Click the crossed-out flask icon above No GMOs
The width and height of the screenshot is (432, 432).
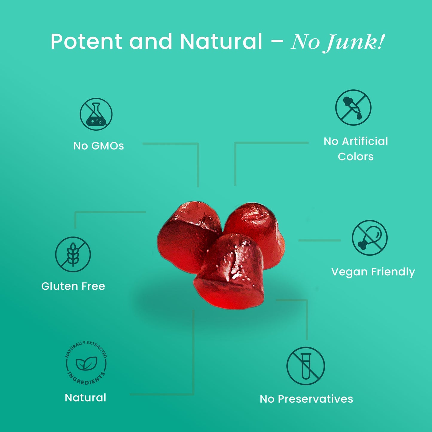tap(96, 114)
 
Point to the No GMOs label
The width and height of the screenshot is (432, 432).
tap(99, 146)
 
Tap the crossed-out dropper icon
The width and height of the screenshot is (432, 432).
tap(353, 107)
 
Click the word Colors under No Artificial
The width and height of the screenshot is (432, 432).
tap(355, 157)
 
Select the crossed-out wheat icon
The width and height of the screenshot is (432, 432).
tap(73, 254)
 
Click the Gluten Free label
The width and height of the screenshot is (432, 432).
tap(73, 286)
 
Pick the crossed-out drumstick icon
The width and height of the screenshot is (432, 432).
tap(370, 238)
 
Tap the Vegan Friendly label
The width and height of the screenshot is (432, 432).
tap(373, 272)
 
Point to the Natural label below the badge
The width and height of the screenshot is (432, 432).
tap(86, 398)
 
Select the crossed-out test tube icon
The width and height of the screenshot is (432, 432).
tap(306, 366)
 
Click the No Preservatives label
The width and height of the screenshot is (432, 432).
tap(306, 399)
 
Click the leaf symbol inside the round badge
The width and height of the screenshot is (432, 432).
tap(86, 363)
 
